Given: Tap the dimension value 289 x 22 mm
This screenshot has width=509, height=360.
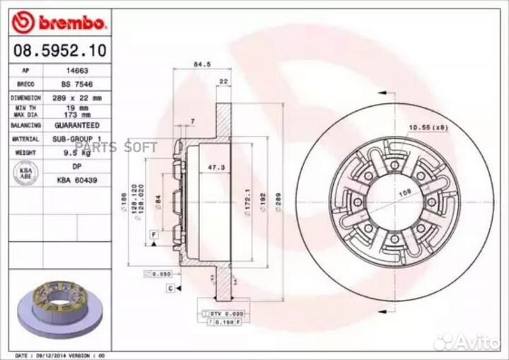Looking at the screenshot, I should (x=77, y=97).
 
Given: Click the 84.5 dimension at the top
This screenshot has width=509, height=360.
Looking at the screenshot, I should (x=200, y=64).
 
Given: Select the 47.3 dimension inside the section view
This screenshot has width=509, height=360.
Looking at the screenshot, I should (x=211, y=168).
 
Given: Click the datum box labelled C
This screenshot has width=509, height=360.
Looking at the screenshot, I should (x=170, y=288).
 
